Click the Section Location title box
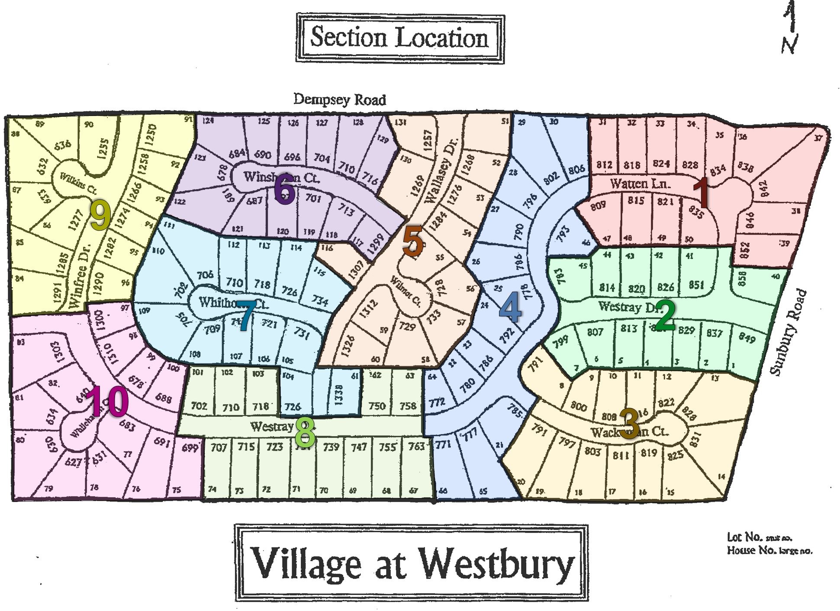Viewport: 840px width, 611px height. point(400,38)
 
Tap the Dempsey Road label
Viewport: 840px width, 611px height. point(340,100)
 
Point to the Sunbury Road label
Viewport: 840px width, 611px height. point(789,332)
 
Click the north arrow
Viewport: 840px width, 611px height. point(790,28)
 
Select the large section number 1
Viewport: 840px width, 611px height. point(701,193)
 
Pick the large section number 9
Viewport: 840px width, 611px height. point(100,216)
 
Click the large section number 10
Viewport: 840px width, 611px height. point(107,401)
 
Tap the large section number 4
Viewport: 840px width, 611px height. point(510,307)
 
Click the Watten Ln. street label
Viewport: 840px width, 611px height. point(640,184)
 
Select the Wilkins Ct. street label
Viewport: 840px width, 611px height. point(78,183)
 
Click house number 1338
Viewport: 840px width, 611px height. point(339,395)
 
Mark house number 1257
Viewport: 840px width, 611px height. point(428,140)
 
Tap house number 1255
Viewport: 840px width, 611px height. point(103,149)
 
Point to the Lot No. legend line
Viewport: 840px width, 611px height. point(760,537)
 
